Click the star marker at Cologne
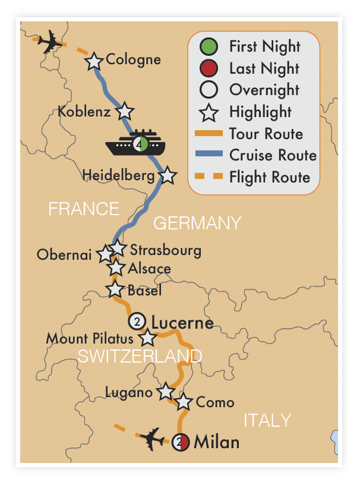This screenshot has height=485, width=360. click(x=94, y=61)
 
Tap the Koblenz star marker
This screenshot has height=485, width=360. click(x=125, y=111)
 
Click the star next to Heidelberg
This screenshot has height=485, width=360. click(x=168, y=175)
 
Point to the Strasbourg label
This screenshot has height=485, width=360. click(x=165, y=250)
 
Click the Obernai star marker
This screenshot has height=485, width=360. click(x=106, y=254)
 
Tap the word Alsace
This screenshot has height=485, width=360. click(x=149, y=269)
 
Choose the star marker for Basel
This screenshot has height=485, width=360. click(x=115, y=290)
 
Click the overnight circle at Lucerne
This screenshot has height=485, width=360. click(x=137, y=322)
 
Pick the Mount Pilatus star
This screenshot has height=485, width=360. click(x=147, y=339)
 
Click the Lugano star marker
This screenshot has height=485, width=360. click(x=165, y=392)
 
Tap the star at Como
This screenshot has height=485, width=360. click(x=184, y=402)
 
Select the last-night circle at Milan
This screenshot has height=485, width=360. click(x=181, y=442)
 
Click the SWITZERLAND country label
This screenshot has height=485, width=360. click(x=140, y=356)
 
